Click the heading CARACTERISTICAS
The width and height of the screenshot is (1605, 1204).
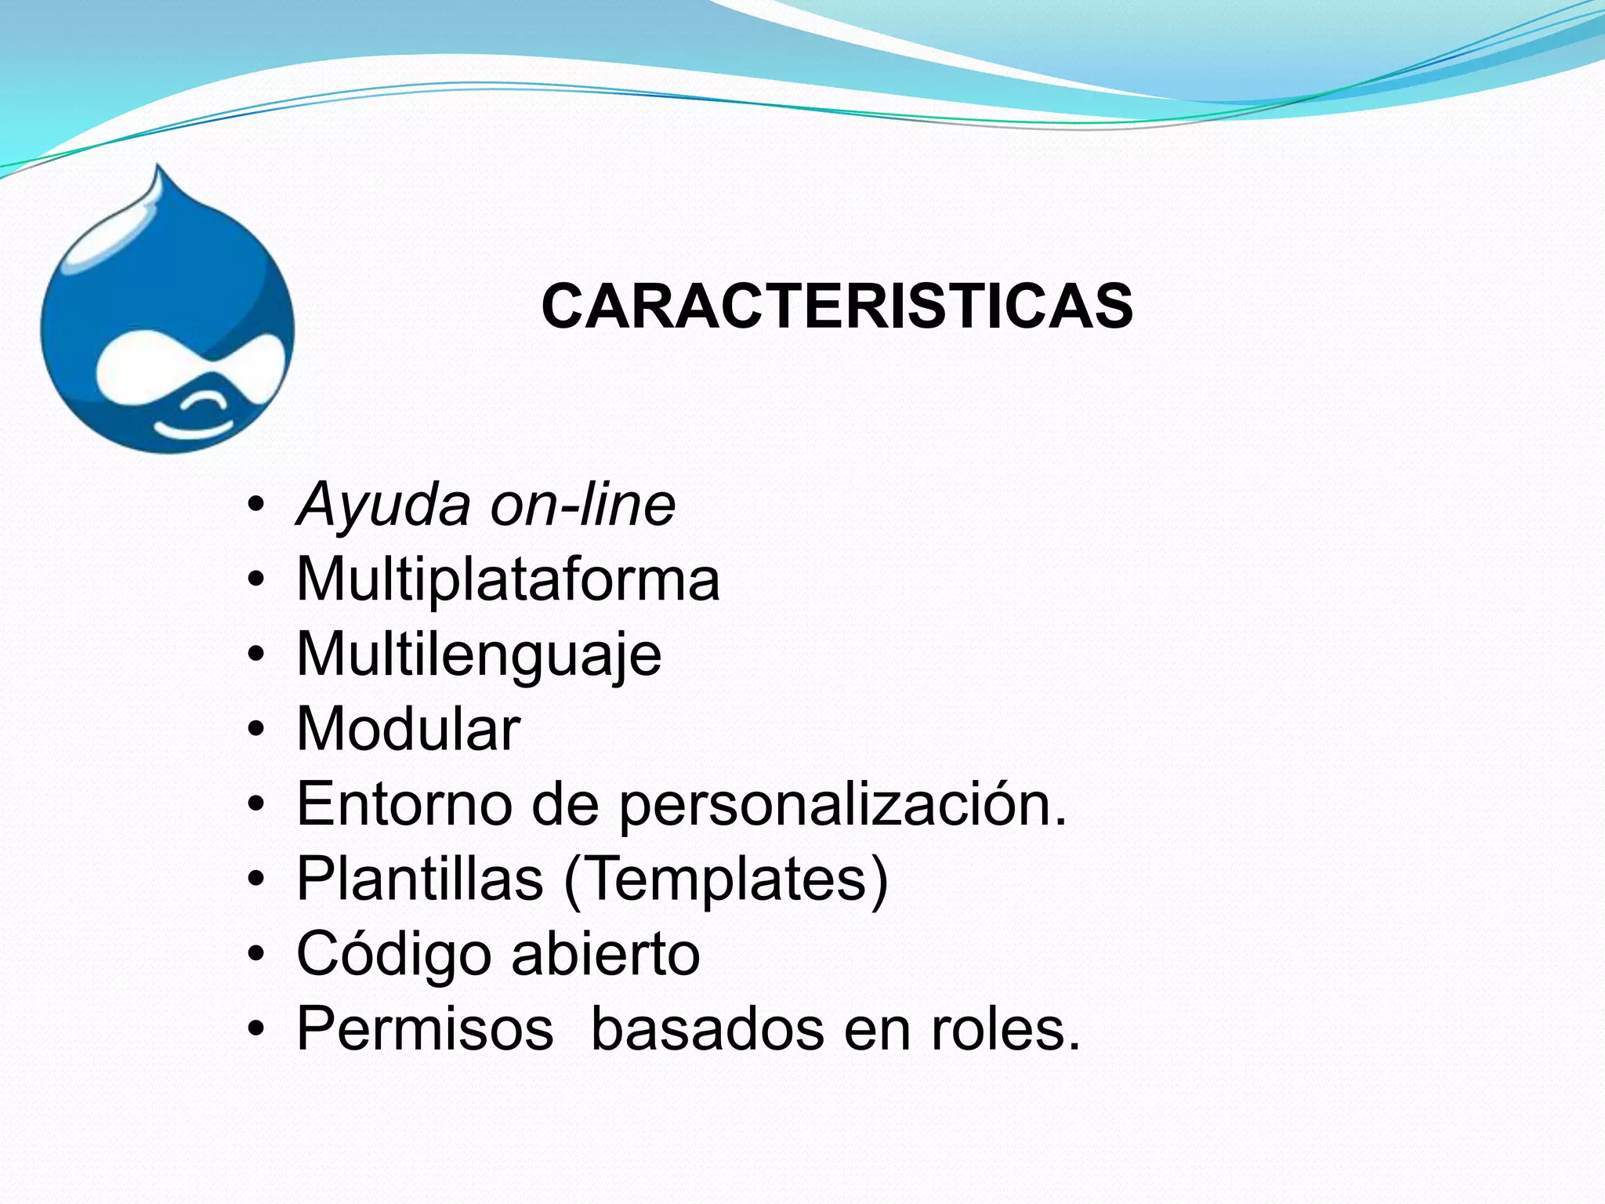pyautogui.click(x=836, y=306)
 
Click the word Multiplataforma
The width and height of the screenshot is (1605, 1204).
pyautogui.click(x=508, y=579)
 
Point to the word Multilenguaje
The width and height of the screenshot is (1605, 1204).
pyautogui.click(x=479, y=655)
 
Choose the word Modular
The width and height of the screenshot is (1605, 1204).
pyautogui.click(x=408, y=729)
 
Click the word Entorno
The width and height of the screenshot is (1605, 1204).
pyautogui.click(x=404, y=804)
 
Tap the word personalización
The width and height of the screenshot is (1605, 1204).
pyautogui.click(x=842, y=806)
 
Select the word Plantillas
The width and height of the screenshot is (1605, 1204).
pyautogui.click(x=420, y=879)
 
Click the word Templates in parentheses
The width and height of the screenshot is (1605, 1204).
pyautogui.click(x=726, y=879)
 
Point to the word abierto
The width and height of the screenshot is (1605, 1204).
pyautogui.click(x=606, y=954)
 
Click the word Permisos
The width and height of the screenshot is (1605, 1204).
pyautogui.click(x=425, y=1028)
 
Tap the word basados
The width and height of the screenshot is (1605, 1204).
pyautogui.click(x=707, y=1028)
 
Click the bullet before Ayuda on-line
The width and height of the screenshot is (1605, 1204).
pyautogui.click(x=255, y=506)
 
